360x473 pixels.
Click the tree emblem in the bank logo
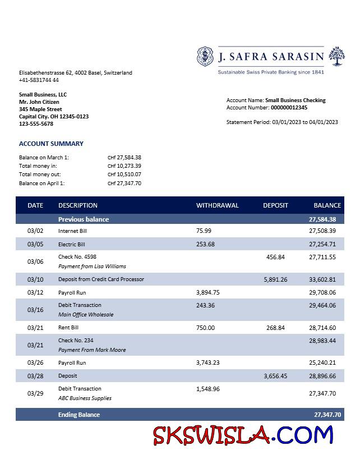337,57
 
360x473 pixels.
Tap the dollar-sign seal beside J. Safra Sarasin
206,57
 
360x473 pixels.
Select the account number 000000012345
289,108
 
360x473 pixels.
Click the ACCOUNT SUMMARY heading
51,144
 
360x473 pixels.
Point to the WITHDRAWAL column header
217,205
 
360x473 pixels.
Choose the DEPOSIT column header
275,205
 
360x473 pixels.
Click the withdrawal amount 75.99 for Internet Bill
204,231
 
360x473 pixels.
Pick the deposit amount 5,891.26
275,279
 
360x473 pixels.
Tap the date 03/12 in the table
35,292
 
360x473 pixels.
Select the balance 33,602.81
322,279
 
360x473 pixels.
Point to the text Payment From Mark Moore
92,350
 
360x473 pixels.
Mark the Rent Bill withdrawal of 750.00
205,328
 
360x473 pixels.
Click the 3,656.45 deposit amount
275,376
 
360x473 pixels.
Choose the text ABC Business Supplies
85,398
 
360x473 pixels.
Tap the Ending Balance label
79,415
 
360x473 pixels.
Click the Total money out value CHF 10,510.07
124,174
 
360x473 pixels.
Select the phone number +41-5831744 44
39,80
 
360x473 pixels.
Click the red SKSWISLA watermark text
213,435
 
